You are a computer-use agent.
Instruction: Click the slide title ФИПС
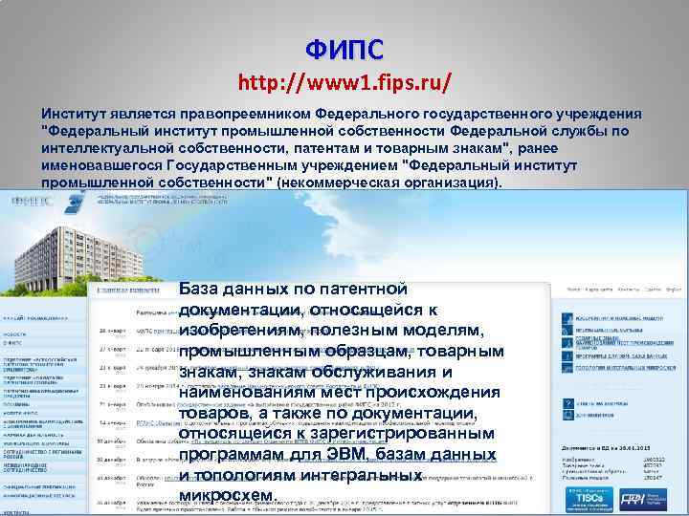pos(344,47)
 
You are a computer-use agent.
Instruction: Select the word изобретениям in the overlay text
pos(236,330)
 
